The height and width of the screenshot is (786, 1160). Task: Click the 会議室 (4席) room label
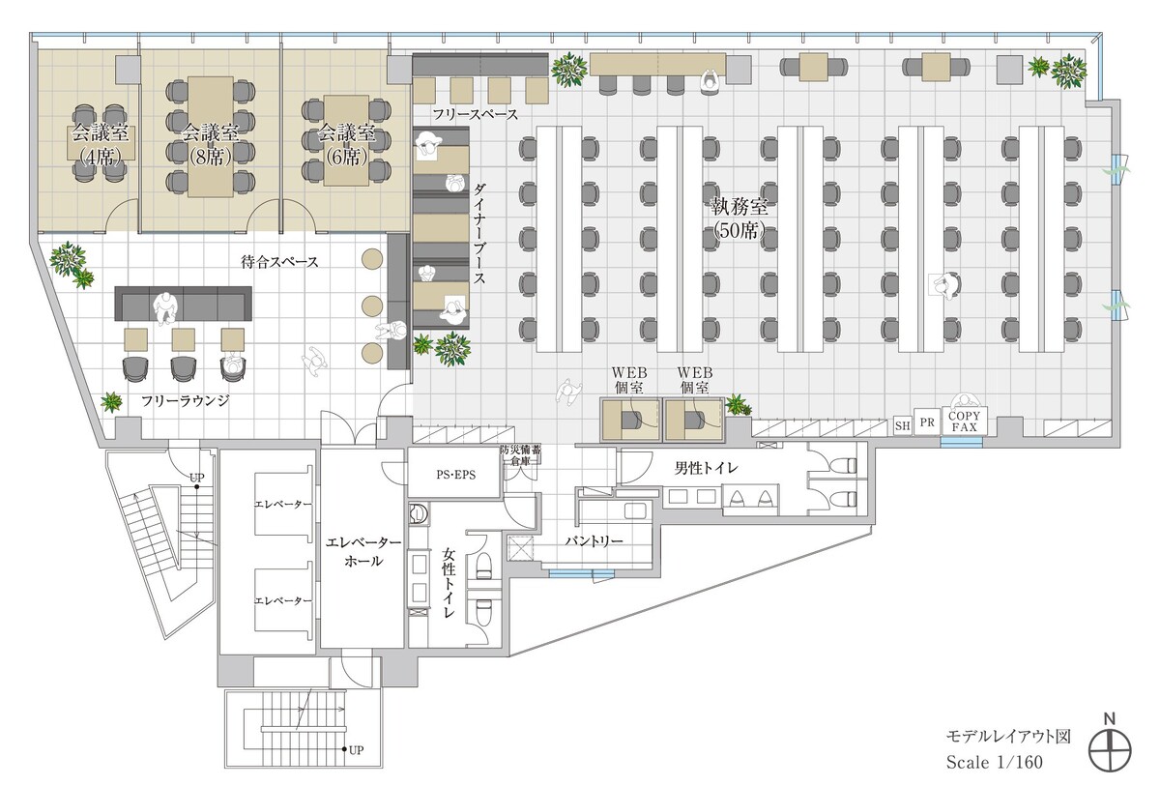tap(100, 144)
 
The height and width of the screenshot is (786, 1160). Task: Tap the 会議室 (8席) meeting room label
tap(211, 144)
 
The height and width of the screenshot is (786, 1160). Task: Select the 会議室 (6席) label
tap(346, 144)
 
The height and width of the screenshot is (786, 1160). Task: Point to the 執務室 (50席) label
tap(739, 218)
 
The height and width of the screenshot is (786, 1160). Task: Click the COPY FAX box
tap(965, 422)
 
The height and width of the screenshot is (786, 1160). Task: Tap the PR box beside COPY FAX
tap(927, 422)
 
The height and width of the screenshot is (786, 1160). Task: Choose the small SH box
tap(902, 425)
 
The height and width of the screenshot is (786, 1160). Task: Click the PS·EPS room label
tap(455, 475)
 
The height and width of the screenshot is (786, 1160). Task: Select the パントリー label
tap(594, 541)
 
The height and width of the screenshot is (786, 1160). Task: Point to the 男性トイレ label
tap(707, 468)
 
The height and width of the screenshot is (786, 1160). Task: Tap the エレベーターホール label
tap(363, 551)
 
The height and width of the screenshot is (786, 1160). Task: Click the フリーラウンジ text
tap(185, 400)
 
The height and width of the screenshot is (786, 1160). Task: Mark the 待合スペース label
tap(279, 262)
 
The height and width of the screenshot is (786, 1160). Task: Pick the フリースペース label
tap(476, 114)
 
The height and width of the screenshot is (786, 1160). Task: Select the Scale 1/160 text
tap(995, 762)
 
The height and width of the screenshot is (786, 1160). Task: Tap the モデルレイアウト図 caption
tap(1008, 737)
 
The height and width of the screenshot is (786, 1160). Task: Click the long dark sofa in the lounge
tap(184, 304)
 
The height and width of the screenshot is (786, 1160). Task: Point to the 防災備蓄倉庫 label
tap(520, 455)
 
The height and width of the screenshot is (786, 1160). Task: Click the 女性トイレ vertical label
tap(449, 583)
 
